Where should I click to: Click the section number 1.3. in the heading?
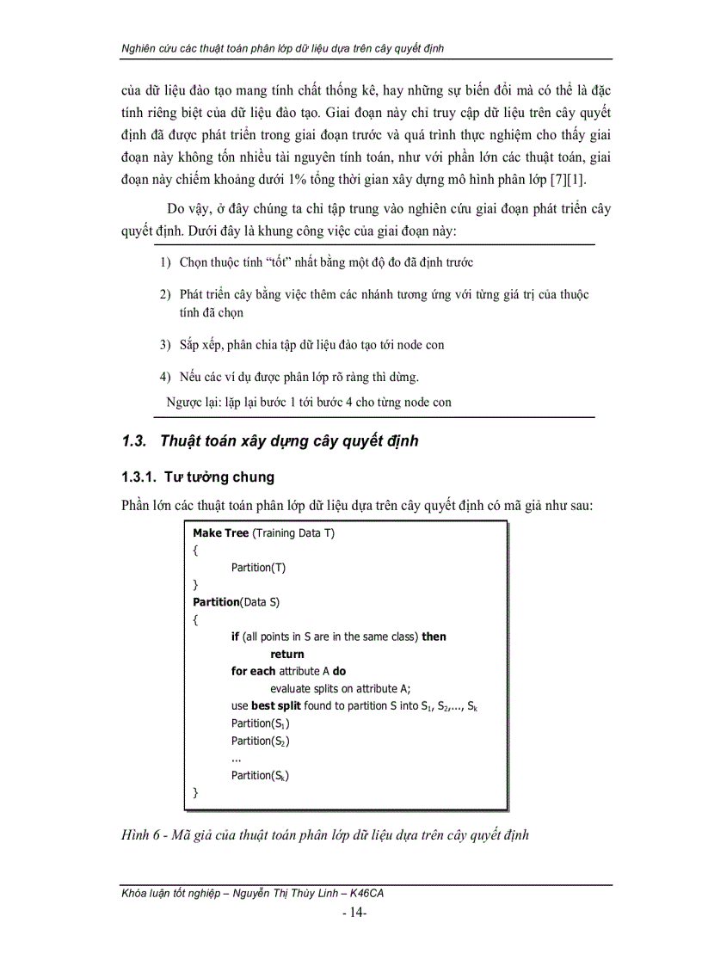point(135,441)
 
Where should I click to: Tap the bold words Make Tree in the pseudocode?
point(220,533)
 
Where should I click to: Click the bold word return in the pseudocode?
point(286,654)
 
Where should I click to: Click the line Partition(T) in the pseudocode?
point(258,568)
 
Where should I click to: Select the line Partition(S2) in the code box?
point(261,741)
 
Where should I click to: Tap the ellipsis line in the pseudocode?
point(237,758)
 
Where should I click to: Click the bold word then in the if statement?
point(434,637)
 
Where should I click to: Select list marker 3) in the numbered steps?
point(165,344)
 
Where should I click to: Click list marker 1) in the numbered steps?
point(165,261)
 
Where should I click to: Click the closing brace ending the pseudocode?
point(195,791)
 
